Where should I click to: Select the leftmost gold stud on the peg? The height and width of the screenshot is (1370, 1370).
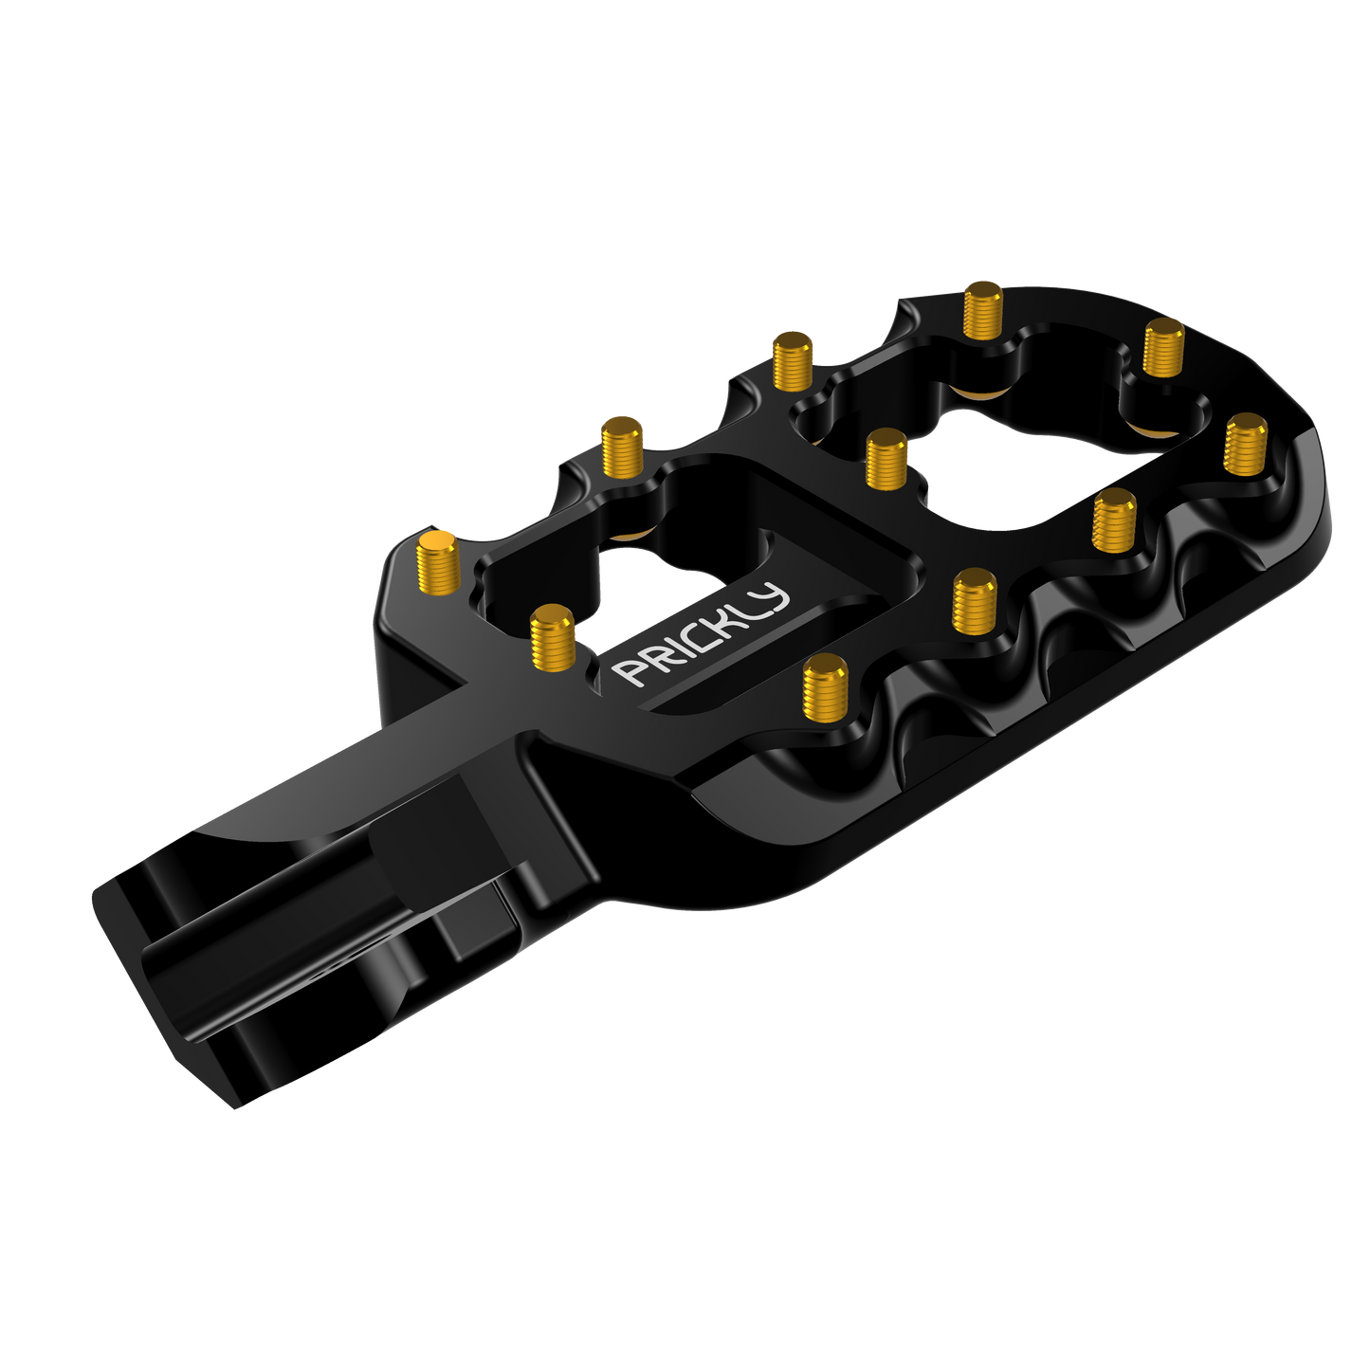point(438,561)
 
